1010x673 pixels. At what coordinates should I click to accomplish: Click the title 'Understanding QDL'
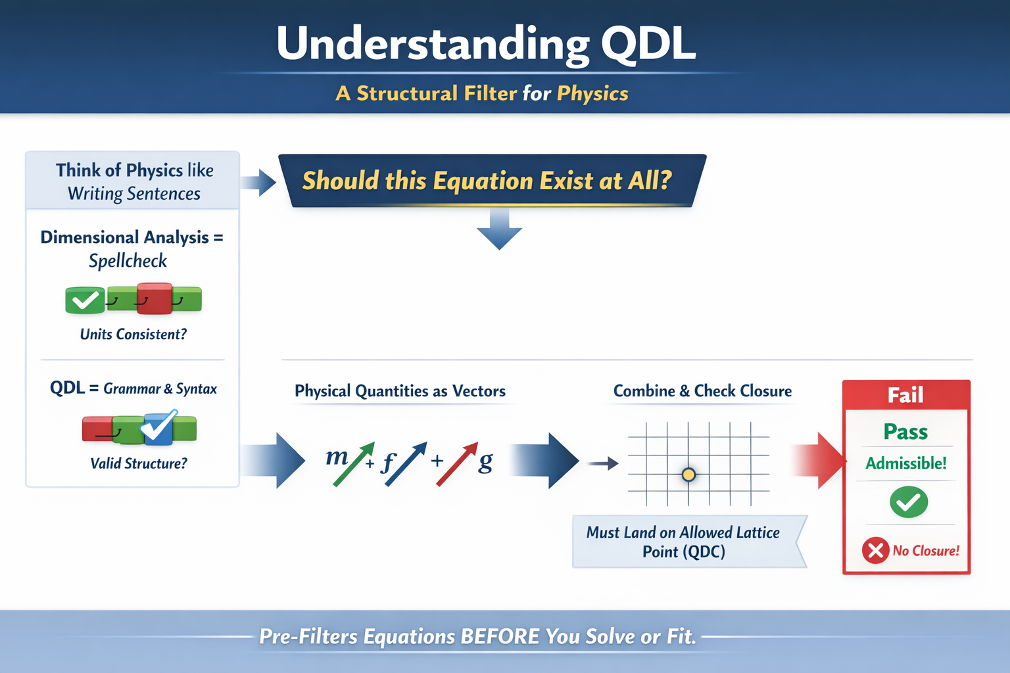(x=485, y=44)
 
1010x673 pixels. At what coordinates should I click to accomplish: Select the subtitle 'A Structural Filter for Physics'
(x=481, y=93)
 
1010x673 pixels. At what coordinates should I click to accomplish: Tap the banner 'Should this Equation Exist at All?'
(x=487, y=181)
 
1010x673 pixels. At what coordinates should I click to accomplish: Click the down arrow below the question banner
(x=499, y=230)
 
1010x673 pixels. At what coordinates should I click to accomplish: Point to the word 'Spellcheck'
(x=128, y=261)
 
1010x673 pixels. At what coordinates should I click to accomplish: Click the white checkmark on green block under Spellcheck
(x=85, y=300)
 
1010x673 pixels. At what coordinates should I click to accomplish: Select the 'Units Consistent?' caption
(x=133, y=335)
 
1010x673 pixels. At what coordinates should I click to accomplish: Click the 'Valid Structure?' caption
(x=138, y=464)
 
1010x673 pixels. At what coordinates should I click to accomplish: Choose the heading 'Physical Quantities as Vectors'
(x=400, y=391)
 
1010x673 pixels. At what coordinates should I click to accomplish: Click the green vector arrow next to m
(x=354, y=464)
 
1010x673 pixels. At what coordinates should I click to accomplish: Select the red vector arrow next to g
(x=457, y=464)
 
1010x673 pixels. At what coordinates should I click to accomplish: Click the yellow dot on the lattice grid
(x=688, y=475)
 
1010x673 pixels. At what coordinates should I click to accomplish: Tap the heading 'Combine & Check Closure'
(x=702, y=391)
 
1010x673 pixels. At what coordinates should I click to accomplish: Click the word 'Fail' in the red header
(x=905, y=395)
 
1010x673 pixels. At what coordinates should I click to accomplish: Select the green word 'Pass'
(x=905, y=432)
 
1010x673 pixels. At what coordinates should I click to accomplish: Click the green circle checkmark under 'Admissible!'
(x=909, y=502)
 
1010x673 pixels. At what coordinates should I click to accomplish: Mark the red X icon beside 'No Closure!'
(x=875, y=550)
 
